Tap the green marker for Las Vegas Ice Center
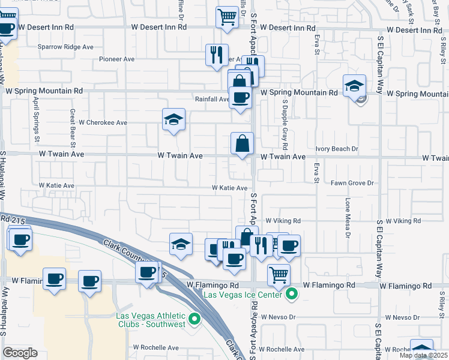(x=292, y=294)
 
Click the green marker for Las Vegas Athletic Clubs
(x=194, y=319)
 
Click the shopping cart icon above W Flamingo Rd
(x=279, y=274)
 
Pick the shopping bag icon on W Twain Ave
(x=243, y=143)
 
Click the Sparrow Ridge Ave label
(x=65, y=46)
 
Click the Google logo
(x=20, y=353)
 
